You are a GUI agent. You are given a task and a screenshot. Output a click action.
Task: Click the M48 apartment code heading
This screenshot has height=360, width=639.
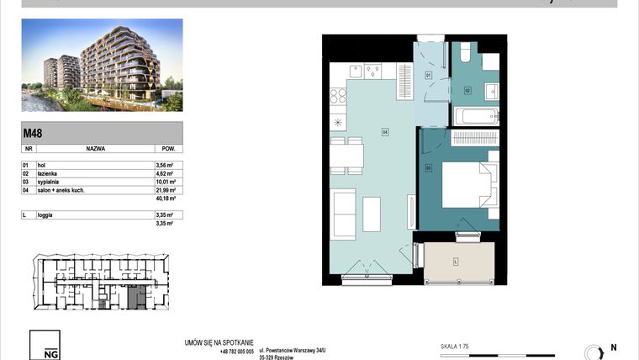click(33, 133)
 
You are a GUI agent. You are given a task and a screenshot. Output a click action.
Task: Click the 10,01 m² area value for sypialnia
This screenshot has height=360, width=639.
click(166, 182)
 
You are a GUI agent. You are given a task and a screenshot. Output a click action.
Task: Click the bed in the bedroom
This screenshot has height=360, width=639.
click(467, 185)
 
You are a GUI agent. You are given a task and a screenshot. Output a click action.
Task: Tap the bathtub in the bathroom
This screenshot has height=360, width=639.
click(476, 115)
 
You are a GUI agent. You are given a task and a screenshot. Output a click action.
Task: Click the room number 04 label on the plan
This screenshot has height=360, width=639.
click(384, 131)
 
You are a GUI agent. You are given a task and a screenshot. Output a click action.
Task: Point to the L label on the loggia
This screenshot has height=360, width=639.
click(455, 262)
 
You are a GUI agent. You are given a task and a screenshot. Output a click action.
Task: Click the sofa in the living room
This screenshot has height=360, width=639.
click(345, 214)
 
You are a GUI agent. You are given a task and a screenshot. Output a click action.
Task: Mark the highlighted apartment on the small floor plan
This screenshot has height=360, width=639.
click(135, 296)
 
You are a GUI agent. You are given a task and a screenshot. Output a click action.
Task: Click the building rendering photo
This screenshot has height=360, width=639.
click(102, 66)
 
